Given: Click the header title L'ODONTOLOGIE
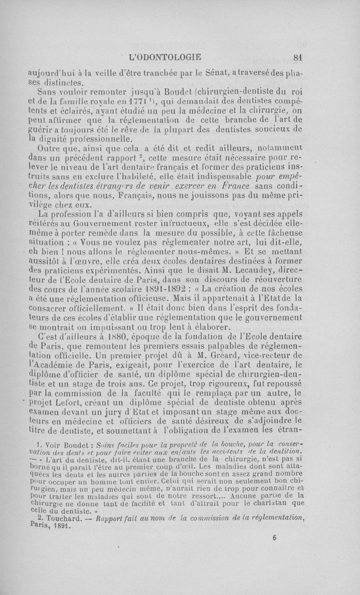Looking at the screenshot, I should (165, 58).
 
